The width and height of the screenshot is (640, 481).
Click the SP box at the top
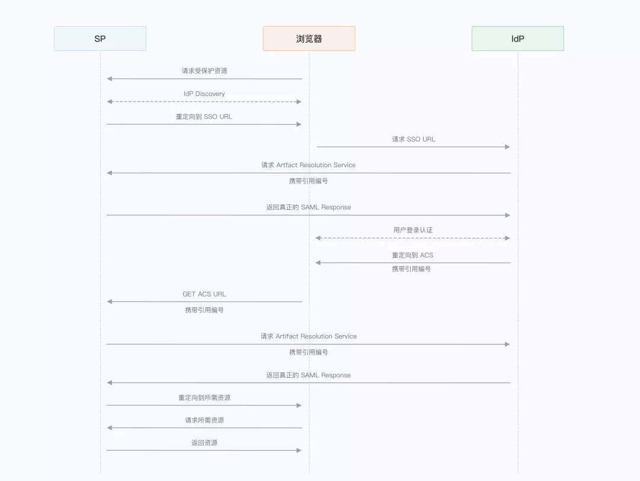coord(100,39)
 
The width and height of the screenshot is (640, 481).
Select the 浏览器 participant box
coord(309,39)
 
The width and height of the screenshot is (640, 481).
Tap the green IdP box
coord(517,39)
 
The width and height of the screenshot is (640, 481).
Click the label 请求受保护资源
coord(204,71)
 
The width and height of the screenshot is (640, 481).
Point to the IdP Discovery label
coord(204,94)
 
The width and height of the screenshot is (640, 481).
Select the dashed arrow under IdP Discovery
coord(204,102)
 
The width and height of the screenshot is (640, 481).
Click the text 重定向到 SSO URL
coord(204,117)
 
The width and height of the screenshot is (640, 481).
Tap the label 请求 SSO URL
coord(413,139)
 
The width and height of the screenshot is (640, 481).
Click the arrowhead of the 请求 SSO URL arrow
coord(507,147)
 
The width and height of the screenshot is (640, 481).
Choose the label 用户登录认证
coord(413,230)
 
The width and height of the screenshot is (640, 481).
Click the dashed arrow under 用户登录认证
coord(413,238)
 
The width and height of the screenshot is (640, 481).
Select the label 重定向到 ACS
coord(412,255)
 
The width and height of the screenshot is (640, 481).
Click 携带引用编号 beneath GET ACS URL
coord(204,310)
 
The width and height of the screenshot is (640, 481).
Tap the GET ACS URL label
coord(204,294)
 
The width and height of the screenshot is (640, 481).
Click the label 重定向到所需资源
coord(204,398)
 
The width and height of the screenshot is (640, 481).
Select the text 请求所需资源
coord(204,421)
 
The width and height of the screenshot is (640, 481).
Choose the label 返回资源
coord(204,443)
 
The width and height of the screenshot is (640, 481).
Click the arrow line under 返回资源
coord(204,451)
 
